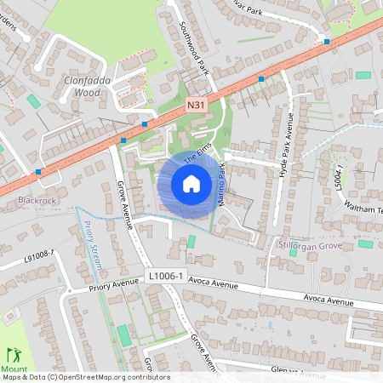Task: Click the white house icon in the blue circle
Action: pos(191,184)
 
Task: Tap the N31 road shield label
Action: pos(196,105)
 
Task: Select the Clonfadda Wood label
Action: pos(88,87)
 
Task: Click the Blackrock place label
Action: pos(35,202)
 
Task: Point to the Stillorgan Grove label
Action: pos(310,245)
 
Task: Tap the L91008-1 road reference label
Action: pos(39,254)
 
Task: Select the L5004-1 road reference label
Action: pos(339,180)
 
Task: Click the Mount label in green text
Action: pos(14,369)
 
